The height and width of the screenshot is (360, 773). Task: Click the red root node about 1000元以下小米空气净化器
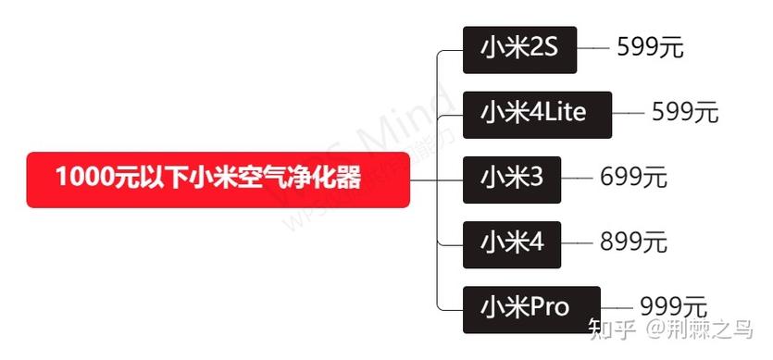tap(218, 179)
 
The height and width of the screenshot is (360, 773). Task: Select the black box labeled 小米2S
tap(519, 48)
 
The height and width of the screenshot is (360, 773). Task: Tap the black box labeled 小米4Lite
tap(537, 114)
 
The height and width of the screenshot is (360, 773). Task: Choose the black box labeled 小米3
tap(511, 178)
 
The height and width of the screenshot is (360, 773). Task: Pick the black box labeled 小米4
tap(511, 242)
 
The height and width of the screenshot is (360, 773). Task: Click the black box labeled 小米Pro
tap(531, 307)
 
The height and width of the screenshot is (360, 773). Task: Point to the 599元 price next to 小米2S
tap(650, 47)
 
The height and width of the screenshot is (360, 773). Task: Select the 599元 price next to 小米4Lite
tap(685, 113)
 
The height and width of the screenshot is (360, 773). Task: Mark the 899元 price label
tap(633, 242)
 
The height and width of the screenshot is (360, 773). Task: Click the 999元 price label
tap(673, 306)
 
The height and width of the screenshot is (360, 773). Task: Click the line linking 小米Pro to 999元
tap(618, 307)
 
